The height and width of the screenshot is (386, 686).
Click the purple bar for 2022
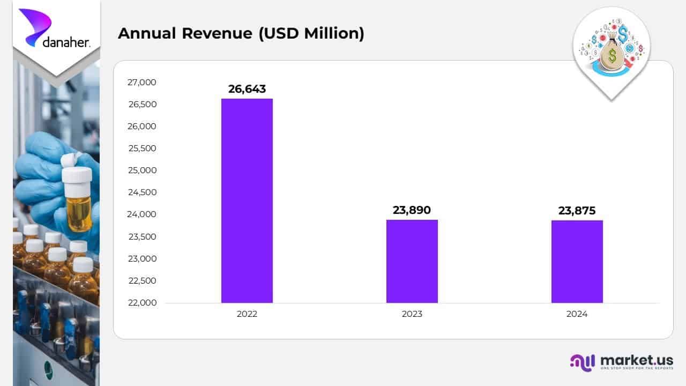point(247,201)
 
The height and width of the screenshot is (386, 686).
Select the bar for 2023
point(412,261)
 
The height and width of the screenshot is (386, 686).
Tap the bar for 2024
point(577,262)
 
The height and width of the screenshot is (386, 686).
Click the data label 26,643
point(247,89)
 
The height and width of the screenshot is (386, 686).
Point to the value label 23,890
point(412,210)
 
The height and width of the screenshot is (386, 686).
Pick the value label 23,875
point(577,211)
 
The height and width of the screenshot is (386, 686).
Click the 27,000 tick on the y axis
point(142,82)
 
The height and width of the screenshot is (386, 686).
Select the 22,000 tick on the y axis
point(142,302)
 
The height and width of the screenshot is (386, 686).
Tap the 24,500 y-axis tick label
point(142,192)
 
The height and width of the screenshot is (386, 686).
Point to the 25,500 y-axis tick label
point(142,149)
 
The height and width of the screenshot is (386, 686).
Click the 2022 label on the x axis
point(247,314)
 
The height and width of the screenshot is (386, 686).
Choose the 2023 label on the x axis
point(412,314)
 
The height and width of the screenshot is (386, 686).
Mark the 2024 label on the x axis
point(577,314)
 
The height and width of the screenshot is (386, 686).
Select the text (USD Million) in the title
point(311,33)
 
